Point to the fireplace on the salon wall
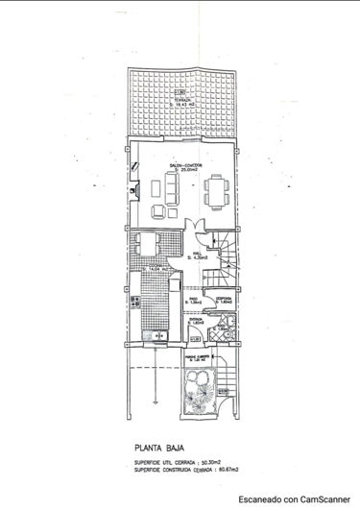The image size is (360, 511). (135, 189)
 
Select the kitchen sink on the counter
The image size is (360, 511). (153, 337)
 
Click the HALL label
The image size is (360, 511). (201, 255)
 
